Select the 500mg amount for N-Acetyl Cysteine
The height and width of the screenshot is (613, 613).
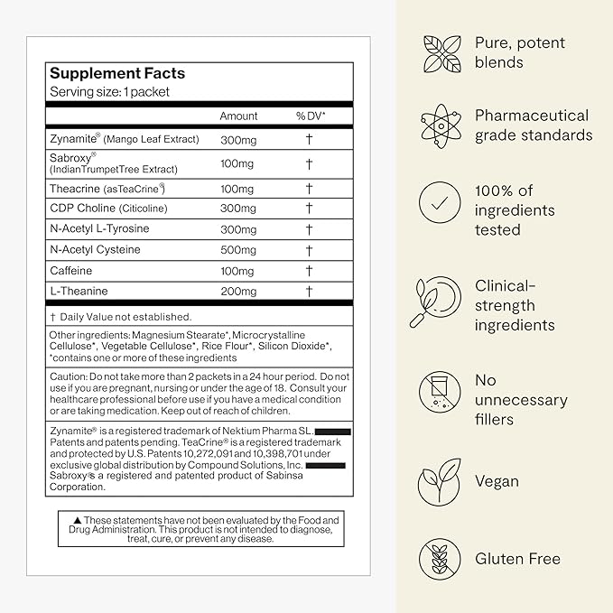(x=237, y=250)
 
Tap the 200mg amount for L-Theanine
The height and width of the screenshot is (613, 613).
(x=238, y=292)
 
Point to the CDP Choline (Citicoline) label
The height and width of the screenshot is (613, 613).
(x=108, y=209)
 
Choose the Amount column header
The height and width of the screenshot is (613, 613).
(x=238, y=116)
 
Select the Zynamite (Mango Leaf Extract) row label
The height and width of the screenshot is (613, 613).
(x=124, y=139)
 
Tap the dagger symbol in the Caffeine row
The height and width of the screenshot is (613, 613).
(x=309, y=272)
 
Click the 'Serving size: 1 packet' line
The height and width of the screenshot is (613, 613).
(x=109, y=92)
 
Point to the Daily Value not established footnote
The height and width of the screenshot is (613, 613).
(x=120, y=317)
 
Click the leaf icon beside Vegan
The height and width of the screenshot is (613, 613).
(x=440, y=481)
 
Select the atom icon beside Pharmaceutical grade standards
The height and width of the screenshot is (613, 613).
(x=440, y=125)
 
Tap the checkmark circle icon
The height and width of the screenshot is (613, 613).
(x=440, y=203)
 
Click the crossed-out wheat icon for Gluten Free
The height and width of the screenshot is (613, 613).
(x=440, y=559)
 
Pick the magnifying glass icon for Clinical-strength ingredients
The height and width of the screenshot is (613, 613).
(x=438, y=302)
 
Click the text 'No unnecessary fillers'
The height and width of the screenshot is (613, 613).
(x=521, y=400)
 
